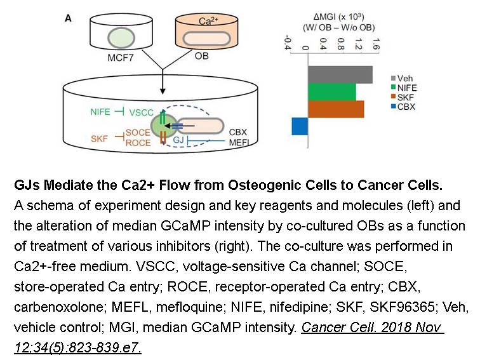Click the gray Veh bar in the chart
[x=339, y=74]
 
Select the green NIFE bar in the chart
[x=331, y=92]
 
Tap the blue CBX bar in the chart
[x=300, y=126]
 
